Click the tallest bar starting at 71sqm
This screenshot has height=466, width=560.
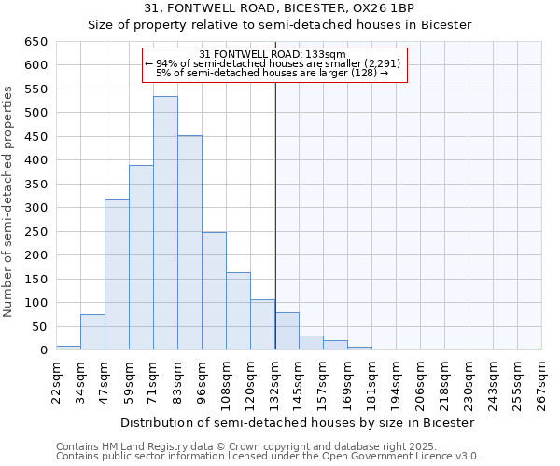pos(165,224)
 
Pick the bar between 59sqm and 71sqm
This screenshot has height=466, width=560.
pos(141,257)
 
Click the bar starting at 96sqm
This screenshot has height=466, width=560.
pos(214,291)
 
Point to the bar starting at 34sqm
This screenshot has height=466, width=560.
pos(92,333)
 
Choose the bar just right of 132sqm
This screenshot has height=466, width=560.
pos(287,332)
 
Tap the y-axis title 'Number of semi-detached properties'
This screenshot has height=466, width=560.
pos(9,201)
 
